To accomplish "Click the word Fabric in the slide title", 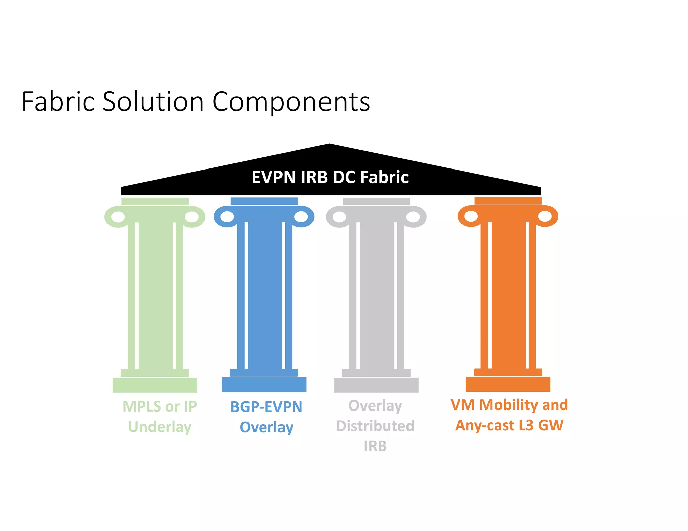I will pos(58,101).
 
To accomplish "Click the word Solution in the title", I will pos(153,101).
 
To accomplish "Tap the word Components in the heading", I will pos(291,102).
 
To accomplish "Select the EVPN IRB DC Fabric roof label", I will pos(330,177).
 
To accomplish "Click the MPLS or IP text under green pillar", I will pos(160,406).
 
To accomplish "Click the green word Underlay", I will pos(160,427).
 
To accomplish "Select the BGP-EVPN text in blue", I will pos(266,407).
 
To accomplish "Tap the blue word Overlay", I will pos(266,427).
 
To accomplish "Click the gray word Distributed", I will pos(375,426).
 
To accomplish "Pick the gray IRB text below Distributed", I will pos(375,446).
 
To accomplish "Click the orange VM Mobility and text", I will pos(509,405).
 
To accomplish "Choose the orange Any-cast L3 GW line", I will pos(509,425).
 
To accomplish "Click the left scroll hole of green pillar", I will pos(118,217).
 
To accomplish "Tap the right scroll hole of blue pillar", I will pos(301,217).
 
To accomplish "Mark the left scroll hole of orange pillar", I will pos(471,216).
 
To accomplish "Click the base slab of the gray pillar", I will pos(376,385).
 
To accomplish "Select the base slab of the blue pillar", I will pos(264,385).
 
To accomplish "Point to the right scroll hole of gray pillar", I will pos(413,217).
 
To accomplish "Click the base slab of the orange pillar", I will pos(508,384).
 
